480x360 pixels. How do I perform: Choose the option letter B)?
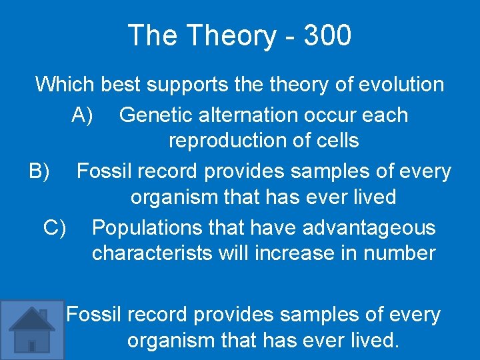(x=39, y=171)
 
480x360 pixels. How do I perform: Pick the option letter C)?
(x=55, y=227)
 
